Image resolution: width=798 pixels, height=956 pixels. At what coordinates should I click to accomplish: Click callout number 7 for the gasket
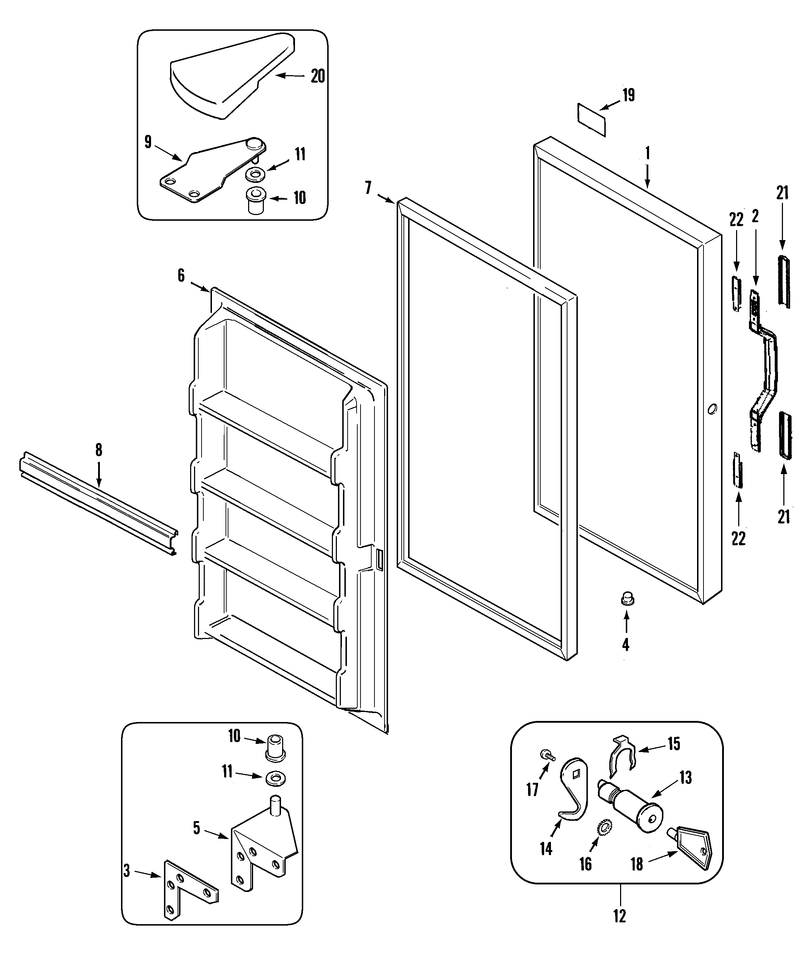click(x=368, y=187)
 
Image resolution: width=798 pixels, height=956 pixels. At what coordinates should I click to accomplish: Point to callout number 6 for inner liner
click(x=181, y=275)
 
